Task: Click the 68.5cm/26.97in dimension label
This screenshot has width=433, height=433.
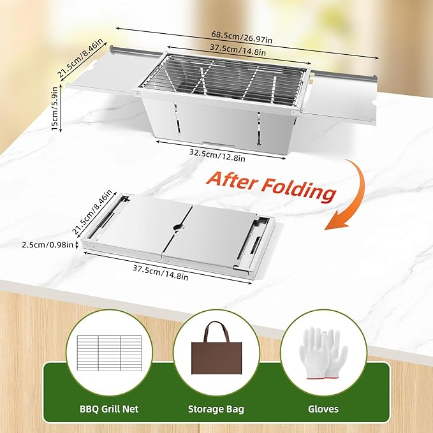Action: pyautogui.click(x=242, y=37)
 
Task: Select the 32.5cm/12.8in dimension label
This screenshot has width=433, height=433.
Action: pyautogui.click(x=217, y=155)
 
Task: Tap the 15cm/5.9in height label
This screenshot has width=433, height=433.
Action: pyautogui.click(x=55, y=108)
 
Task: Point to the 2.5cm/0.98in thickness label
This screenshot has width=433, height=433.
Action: pyautogui.click(x=47, y=245)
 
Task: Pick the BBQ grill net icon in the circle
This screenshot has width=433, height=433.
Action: pyautogui.click(x=110, y=353)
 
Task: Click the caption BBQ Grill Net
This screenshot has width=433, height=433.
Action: pyautogui.click(x=109, y=409)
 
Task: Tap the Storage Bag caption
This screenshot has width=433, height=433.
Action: pyautogui.click(x=216, y=409)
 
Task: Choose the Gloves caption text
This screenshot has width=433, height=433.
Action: pyautogui.click(x=323, y=409)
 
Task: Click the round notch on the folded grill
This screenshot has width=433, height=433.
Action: pyautogui.click(x=179, y=227)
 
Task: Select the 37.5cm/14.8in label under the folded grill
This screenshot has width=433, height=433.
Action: pyautogui.click(x=161, y=272)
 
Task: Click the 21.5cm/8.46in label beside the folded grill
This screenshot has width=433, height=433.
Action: pyautogui.click(x=92, y=212)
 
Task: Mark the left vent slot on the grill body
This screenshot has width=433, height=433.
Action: pyautogui.click(x=177, y=118)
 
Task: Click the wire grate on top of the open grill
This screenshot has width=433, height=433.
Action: pyautogui.click(x=224, y=78)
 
